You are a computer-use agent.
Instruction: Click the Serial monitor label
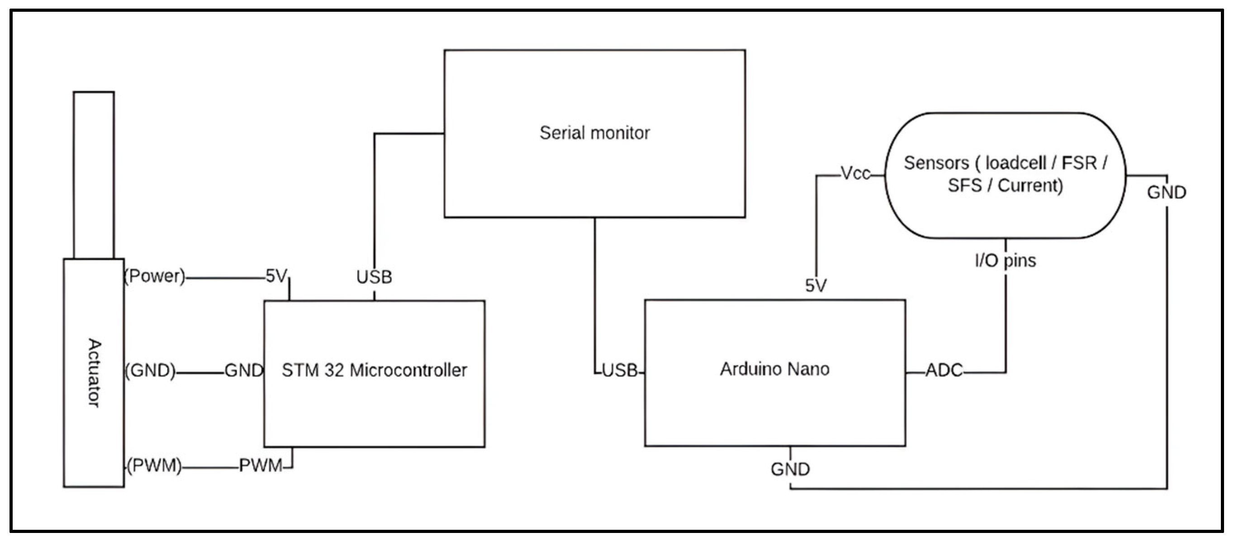(594, 133)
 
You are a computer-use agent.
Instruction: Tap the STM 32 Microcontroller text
(374, 371)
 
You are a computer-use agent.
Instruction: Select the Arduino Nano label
(774, 369)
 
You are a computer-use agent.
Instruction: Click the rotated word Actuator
(95, 373)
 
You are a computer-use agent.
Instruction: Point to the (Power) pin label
(155, 276)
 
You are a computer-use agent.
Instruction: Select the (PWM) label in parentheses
(154, 466)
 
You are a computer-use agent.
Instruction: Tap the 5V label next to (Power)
(276, 276)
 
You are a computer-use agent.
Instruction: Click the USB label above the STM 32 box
(374, 277)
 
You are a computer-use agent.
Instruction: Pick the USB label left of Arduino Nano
(619, 371)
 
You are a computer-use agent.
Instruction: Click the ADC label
(944, 371)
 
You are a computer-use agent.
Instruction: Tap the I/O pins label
(1006, 261)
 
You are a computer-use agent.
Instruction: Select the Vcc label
(855, 173)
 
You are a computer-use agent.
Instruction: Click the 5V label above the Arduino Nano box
(816, 286)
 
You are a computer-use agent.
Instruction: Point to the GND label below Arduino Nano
(790, 469)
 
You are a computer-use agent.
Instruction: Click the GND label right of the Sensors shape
(1166, 193)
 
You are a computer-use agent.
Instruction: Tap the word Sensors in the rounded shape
(936, 163)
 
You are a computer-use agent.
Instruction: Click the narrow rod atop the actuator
(94, 175)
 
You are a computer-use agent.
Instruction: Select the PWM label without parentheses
(261, 466)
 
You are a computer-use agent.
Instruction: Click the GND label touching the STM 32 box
(244, 371)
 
